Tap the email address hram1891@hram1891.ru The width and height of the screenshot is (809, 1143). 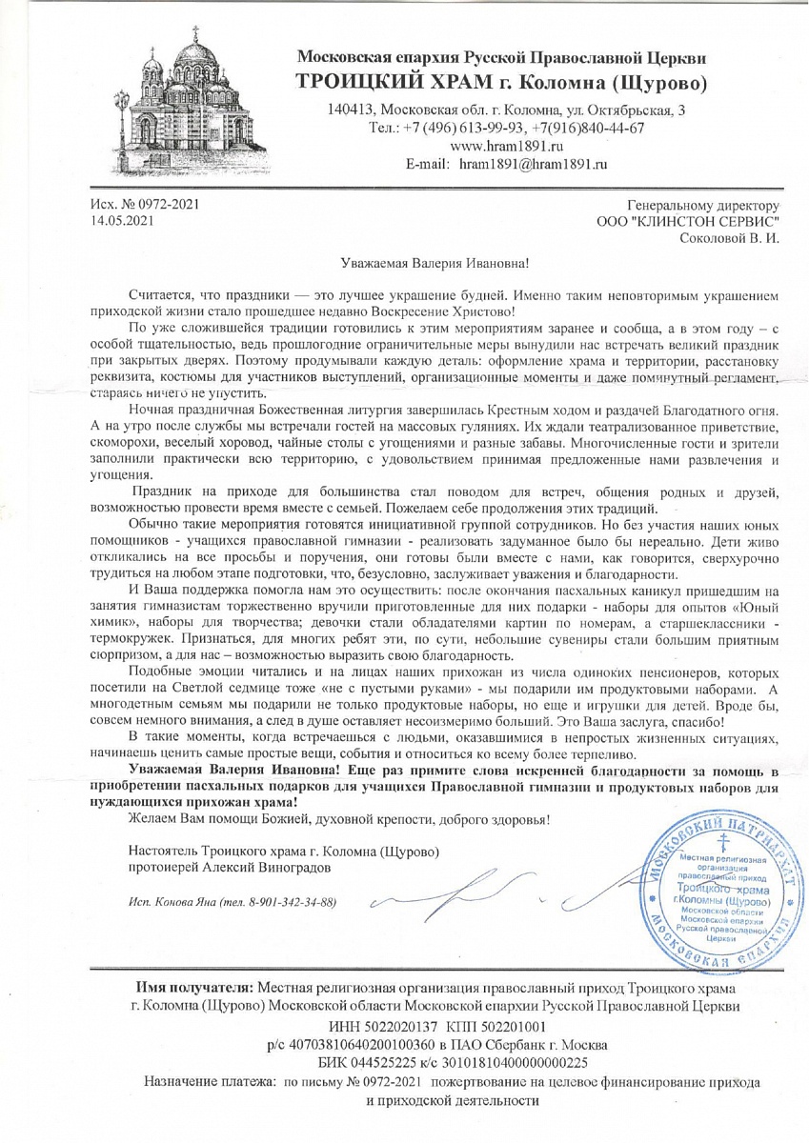[x=533, y=164]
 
